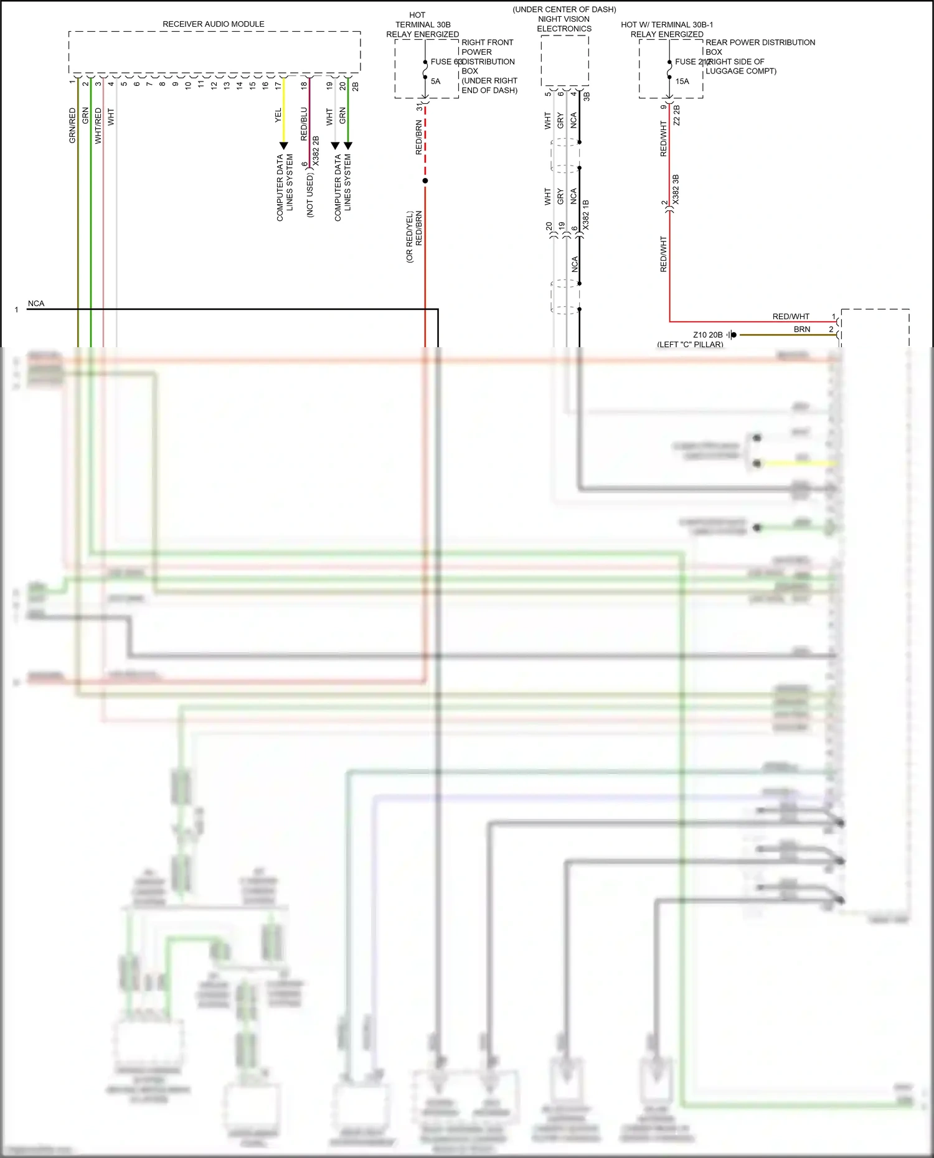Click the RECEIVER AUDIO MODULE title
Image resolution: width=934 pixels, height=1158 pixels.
point(214,24)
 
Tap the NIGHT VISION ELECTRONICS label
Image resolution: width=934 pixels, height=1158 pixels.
point(564,24)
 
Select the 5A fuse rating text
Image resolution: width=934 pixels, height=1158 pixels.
point(435,82)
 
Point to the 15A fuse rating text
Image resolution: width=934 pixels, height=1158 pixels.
point(682,82)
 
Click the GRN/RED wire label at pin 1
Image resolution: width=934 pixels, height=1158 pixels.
point(72,126)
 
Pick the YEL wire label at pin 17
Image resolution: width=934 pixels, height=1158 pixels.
point(278,115)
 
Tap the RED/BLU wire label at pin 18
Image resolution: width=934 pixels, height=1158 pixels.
point(304,124)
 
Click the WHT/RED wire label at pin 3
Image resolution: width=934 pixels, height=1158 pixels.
point(98,126)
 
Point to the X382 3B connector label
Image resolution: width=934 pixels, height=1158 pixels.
point(676,189)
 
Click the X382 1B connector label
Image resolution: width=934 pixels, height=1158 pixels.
point(585,215)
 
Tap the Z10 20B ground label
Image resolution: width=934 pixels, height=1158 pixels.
point(708,335)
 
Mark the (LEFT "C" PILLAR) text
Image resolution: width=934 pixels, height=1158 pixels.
point(690,344)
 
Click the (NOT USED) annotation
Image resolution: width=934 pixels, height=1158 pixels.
point(310,195)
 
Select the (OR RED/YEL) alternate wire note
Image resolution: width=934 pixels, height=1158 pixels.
point(410,236)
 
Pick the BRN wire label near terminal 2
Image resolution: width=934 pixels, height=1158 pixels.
point(802,329)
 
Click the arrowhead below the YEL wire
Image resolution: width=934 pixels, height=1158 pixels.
point(283,146)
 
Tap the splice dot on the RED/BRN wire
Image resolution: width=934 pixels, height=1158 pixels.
point(425,181)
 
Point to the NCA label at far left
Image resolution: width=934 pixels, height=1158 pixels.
point(36,304)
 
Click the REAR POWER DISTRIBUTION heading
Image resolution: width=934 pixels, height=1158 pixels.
point(760,42)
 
